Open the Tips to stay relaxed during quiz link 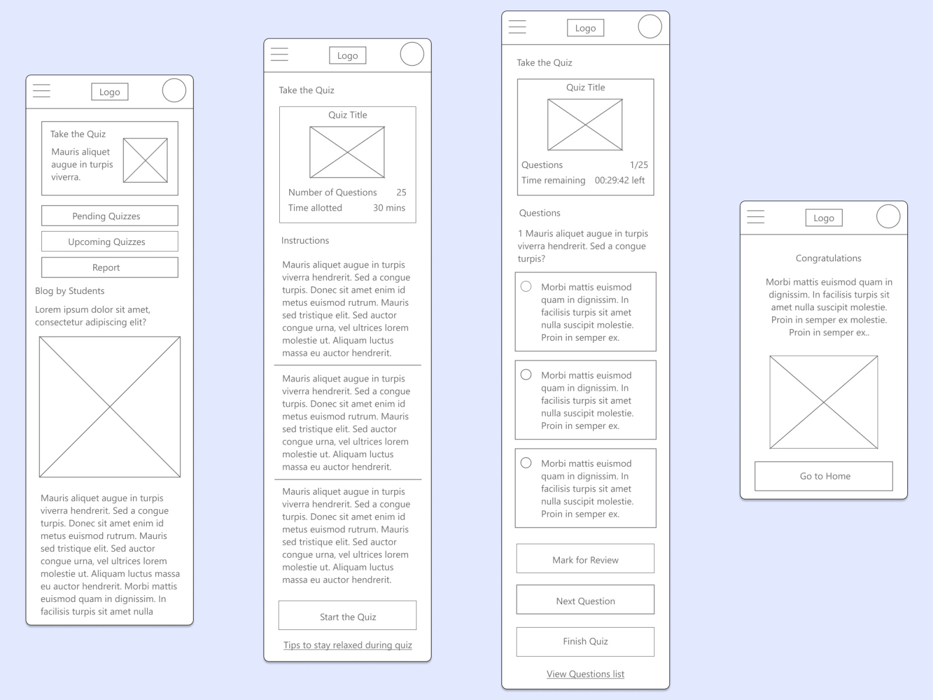pyautogui.click(x=348, y=645)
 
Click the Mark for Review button pyautogui.click(x=585, y=559)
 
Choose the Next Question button pyautogui.click(x=585, y=600)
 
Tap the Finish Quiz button pyautogui.click(x=585, y=641)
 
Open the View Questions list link pyautogui.click(x=585, y=674)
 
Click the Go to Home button pyautogui.click(x=823, y=476)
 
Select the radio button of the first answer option pyautogui.click(x=526, y=286)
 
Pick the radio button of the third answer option pyautogui.click(x=526, y=463)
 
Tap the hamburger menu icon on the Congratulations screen pyautogui.click(x=756, y=217)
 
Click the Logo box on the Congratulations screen pyautogui.click(x=823, y=218)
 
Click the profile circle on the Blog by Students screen pyautogui.click(x=174, y=90)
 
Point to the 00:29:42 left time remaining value pyautogui.click(x=619, y=180)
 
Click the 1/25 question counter pyautogui.click(x=639, y=165)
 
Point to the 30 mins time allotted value pyautogui.click(x=389, y=208)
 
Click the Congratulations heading pyautogui.click(x=828, y=258)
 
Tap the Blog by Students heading pyautogui.click(x=70, y=291)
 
